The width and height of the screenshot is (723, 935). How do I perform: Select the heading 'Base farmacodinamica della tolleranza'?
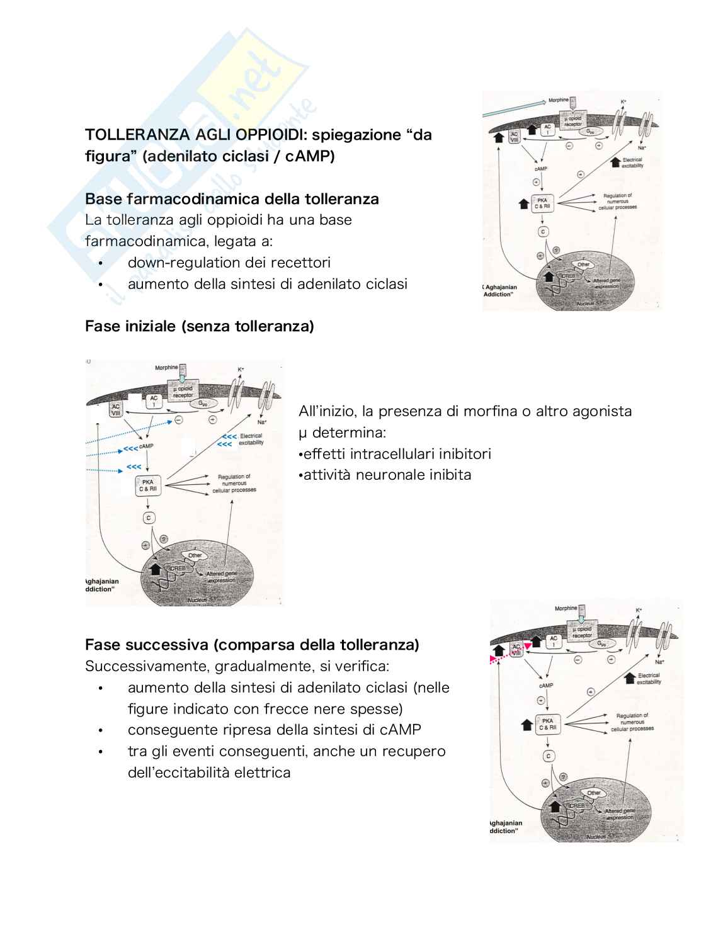(x=232, y=199)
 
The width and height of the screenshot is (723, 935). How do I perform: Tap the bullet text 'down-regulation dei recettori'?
(x=229, y=263)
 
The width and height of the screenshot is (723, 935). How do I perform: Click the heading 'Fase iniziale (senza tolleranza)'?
(x=199, y=326)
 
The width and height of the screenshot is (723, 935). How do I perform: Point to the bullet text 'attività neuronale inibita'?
(x=387, y=475)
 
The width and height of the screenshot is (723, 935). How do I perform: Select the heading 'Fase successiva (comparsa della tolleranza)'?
(x=252, y=645)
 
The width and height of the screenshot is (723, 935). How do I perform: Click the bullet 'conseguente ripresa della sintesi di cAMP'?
(x=274, y=730)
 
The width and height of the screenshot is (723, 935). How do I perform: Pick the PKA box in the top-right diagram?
(x=542, y=203)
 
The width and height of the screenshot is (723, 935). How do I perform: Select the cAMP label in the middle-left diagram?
(x=146, y=446)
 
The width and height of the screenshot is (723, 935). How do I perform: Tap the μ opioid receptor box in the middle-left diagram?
(x=183, y=392)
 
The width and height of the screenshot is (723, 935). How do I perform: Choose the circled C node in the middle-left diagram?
(x=149, y=518)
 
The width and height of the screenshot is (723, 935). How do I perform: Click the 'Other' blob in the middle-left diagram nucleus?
(x=195, y=555)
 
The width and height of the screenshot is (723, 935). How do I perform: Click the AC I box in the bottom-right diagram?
(x=553, y=642)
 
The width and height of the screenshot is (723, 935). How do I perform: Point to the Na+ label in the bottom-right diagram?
(x=659, y=662)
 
